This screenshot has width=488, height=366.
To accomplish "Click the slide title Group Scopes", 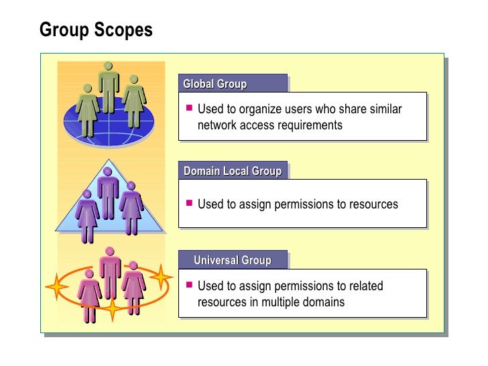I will click(96, 31).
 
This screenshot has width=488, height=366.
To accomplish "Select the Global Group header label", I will click(215, 84).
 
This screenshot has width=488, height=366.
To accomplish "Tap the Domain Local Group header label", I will click(232, 171).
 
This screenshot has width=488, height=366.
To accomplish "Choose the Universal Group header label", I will click(232, 260).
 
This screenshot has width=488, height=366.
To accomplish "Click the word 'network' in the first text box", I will click(218, 125).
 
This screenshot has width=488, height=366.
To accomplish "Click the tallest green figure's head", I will click(108, 66).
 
